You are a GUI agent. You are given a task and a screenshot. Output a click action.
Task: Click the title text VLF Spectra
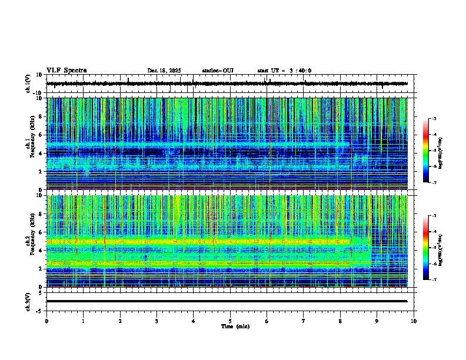tap(66, 71)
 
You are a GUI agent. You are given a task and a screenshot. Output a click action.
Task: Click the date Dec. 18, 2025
tap(164, 71)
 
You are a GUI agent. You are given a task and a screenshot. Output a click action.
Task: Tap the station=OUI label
tap(218, 71)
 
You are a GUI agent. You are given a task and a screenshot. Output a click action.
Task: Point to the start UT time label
tap(284, 71)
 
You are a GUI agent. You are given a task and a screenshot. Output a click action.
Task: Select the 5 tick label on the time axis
tap(230, 321)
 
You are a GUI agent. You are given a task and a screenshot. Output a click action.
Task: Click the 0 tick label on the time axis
tap(46, 321)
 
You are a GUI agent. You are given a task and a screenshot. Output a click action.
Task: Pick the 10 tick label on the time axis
tap(414, 321)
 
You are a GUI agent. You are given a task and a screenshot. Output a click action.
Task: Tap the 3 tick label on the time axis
tap(157, 321)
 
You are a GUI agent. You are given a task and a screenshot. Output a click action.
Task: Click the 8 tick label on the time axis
tap(340, 321)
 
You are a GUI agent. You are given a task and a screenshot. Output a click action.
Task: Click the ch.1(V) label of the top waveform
tap(28, 84)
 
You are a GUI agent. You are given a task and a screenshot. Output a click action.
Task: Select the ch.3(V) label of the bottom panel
tap(28, 301)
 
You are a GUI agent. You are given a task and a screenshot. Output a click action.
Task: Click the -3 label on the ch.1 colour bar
tap(434, 119)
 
